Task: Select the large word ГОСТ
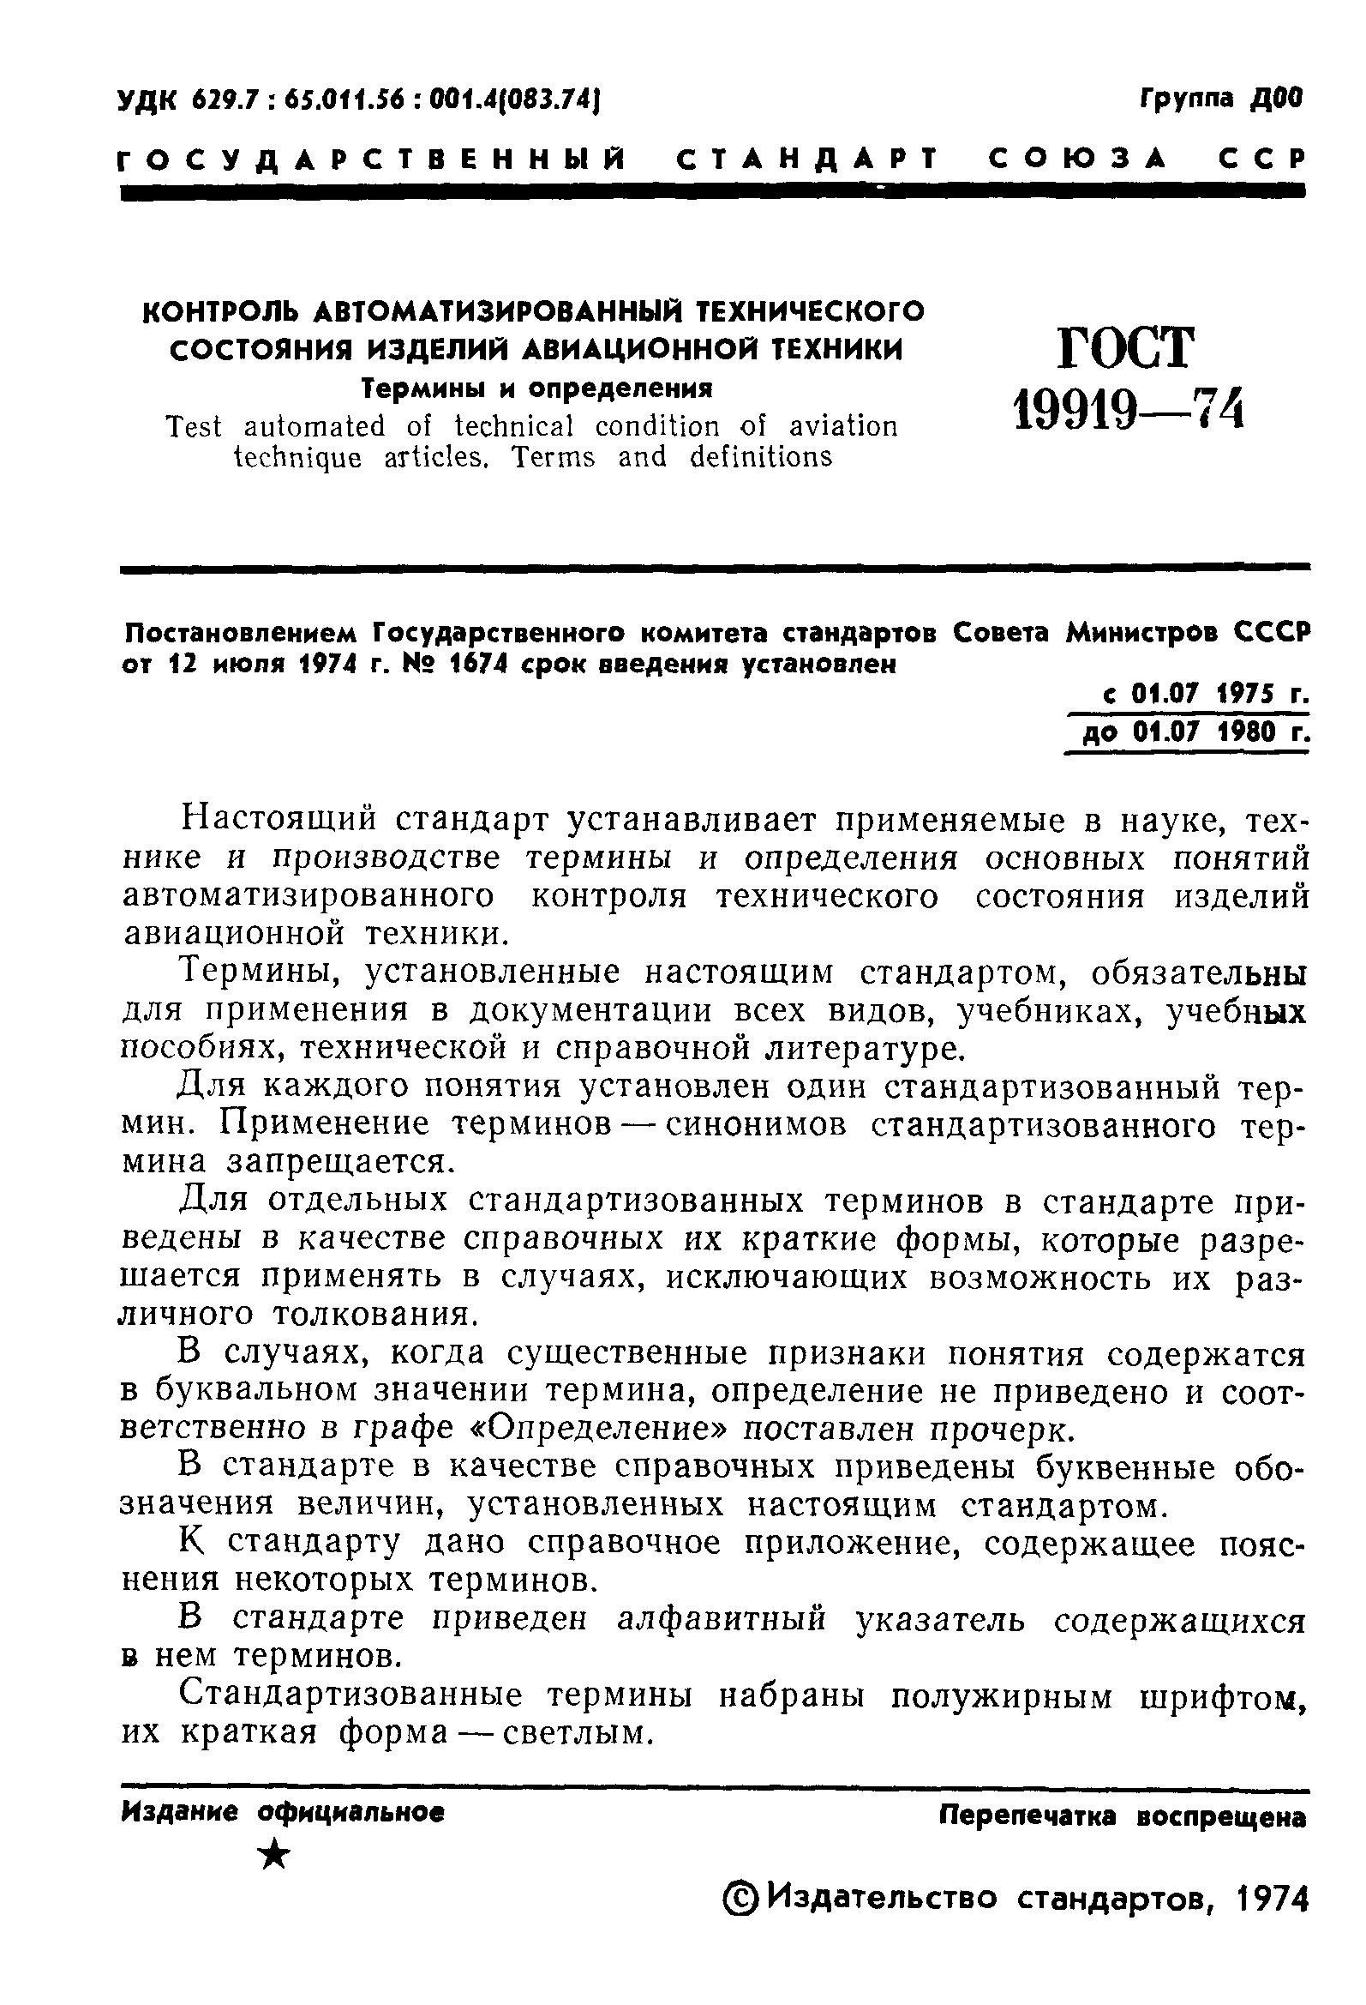click(x=1127, y=348)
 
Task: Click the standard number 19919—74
click(x=1129, y=407)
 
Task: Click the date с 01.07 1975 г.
click(x=1206, y=695)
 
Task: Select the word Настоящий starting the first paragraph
click(x=279, y=820)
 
